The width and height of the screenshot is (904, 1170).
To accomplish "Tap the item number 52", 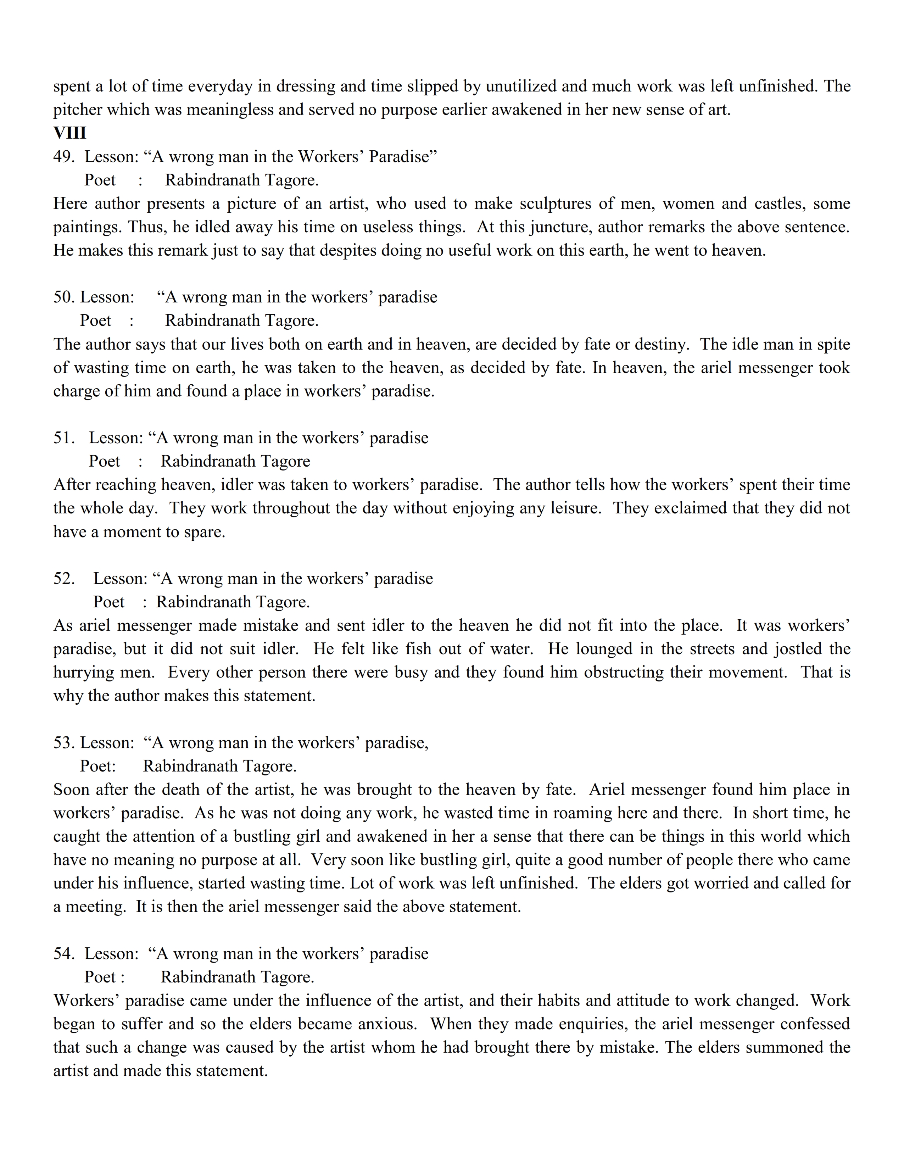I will click(x=64, y=579).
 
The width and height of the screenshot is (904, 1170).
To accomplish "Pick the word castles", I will click(x=775, y=204).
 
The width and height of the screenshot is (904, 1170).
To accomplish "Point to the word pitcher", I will click(x=76, y=110).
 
